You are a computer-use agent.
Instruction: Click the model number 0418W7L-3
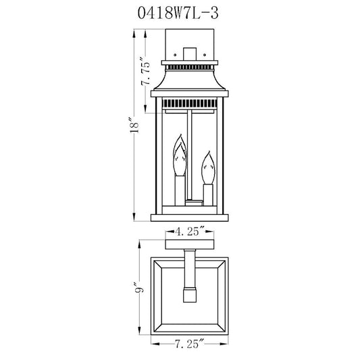click(178, 13)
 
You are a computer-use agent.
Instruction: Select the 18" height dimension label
click(134, 126)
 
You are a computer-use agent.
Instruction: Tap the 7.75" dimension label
click(146, 74)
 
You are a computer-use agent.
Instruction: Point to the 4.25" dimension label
click(190, 232)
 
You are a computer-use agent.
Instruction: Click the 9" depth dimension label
click(140, 287)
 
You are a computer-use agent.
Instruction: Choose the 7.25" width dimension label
click(190, 344)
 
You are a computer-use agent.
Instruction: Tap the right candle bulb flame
click(208, 168)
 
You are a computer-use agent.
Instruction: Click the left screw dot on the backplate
click(175, 55)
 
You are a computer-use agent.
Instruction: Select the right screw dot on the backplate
click(205, 55)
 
